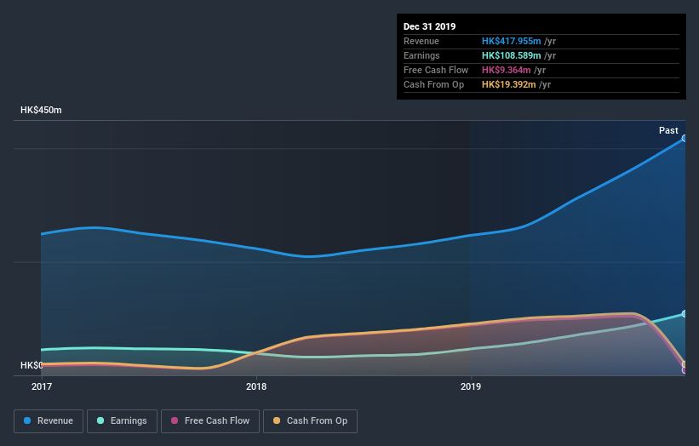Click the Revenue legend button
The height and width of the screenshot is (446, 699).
click(x=49, y=420)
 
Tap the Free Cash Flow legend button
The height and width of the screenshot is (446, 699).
click(x=209, y=420)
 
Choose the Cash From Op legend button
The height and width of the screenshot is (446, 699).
click(x=310, y=420)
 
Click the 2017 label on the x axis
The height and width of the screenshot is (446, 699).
click(x=42, y=386)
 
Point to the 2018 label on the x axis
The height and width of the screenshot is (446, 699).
click(x=256, y=386)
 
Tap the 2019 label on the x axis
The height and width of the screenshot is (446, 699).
click(x=471, y=386)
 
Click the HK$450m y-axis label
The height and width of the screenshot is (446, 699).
click(x=42, y=111)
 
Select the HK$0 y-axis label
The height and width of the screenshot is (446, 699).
click(x=32, y=365)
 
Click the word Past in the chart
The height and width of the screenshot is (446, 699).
click(x=668, y=130)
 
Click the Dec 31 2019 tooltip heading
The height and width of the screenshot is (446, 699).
click(x=430, y=26)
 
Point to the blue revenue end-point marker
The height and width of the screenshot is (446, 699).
click(x=685, y=138)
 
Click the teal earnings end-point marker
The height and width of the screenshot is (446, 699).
click(x=685, y=314)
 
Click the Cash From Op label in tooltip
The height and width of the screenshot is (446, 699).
click(x=433, y=84)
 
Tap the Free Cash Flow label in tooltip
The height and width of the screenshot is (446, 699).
click(x=435, y=70)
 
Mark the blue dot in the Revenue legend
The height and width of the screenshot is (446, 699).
click(x=28, y=420)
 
